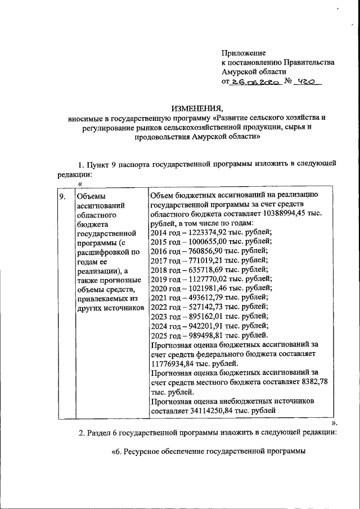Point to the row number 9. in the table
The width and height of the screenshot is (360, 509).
[x=64, y=196]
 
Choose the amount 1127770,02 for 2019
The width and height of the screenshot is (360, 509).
[x=211, y=279]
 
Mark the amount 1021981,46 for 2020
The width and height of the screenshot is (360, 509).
[x=211, y=288]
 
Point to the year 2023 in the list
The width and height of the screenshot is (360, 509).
[x=160, y=316]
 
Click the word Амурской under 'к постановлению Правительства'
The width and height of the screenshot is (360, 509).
[x=241, y=71]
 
